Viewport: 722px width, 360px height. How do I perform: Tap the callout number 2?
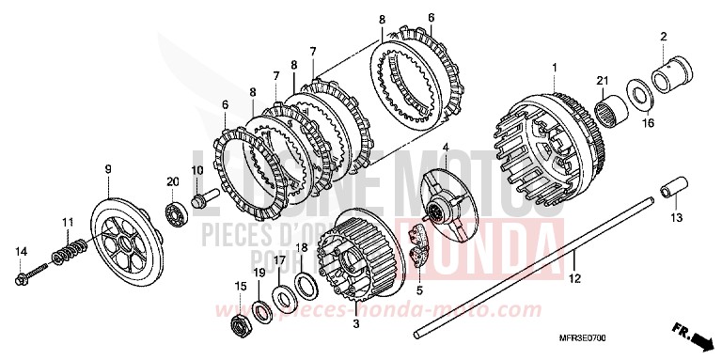click(x=664, y=37)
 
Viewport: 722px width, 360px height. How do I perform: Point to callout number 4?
click(x=445, y=148)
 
